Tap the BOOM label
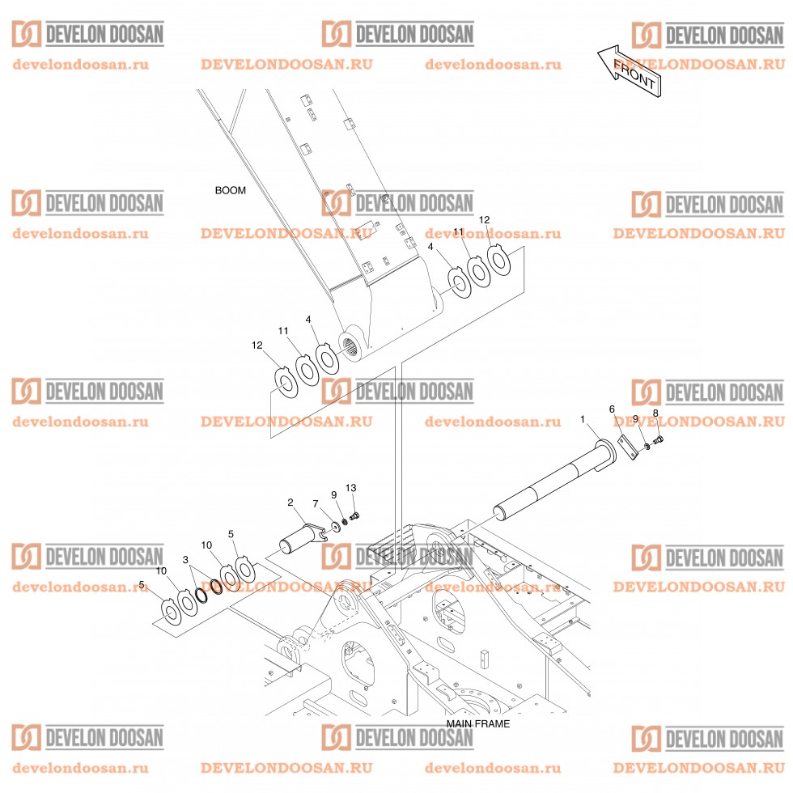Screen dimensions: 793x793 tap(230, 191)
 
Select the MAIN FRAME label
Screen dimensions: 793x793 tap(478, 723)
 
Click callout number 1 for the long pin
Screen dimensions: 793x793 tap(583, 419)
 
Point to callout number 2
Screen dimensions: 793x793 tap(290, 503)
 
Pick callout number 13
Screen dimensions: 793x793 tap(351, 488)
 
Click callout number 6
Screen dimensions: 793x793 tap(612, 409)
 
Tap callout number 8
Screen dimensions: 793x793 tap(655, 413)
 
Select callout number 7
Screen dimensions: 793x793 tap(316, 503)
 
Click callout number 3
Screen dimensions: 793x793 tap(185, 560)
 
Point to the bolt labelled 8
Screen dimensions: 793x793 tap(657, 440)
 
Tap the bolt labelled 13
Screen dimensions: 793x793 tap(354, 516)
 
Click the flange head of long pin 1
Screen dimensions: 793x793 tap(606, 453)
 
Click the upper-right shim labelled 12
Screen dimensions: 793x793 tap(499, 261)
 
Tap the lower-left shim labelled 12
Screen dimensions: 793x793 tap(285, 382)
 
